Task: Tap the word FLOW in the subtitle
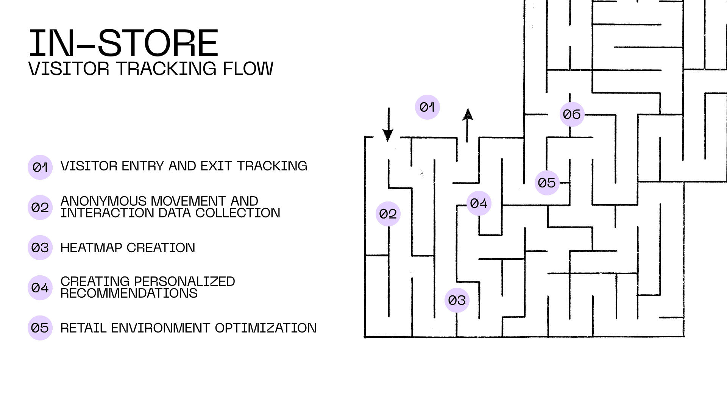pos(248,69)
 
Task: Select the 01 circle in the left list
pos(40,167)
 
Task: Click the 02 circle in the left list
pos(40,208)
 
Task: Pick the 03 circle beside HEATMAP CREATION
pos(40,248)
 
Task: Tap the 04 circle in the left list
pos(40,288)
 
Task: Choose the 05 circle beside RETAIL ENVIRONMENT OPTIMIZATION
pos(40,328)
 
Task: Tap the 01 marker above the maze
pos(427,107)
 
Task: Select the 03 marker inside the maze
pos(457,300)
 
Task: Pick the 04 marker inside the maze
pos(479,203)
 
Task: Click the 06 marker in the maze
pos(572,114)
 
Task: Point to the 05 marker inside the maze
pos(547,183)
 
